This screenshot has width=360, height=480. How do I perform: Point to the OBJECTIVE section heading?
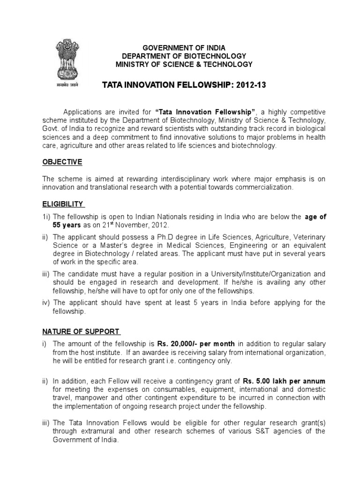(x=62, y=162)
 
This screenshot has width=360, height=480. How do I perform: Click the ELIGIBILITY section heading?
(x=63, y=204)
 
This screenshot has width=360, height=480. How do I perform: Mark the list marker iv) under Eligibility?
(x=46, y=303)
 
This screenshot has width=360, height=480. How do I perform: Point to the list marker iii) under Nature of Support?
(x=46, y=423)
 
